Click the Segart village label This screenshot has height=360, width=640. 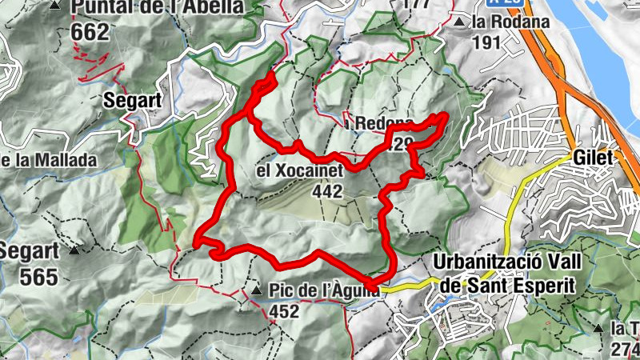pos(134,101)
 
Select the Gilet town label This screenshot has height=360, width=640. pos(593,158)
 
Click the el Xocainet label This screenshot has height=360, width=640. pos(299,171)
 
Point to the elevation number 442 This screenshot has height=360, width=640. pos(329,191)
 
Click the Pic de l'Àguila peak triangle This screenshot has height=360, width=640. pos(256,290)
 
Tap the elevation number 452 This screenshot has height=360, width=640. pos(284,311)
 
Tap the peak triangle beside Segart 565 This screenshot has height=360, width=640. pos(74,250)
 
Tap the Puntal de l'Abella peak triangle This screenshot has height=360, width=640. pos(54,5)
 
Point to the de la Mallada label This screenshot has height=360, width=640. pos(48,159)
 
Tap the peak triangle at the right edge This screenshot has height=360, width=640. pos(600,328)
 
